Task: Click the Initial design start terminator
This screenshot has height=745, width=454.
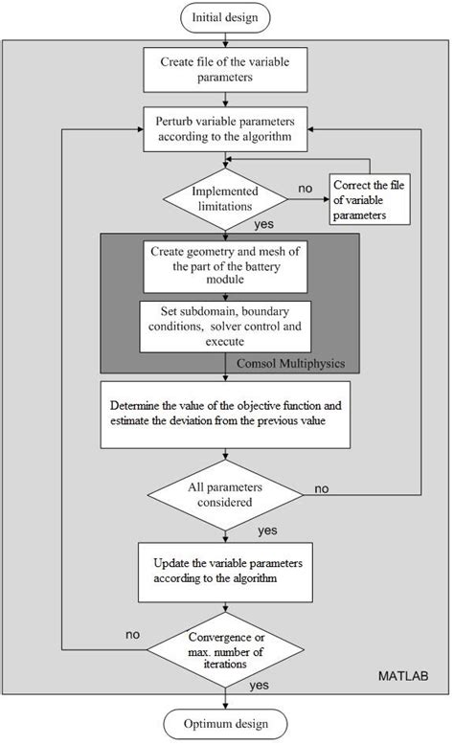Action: (x=225, y=17)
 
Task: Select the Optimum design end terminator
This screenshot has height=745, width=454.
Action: (x=225, y=723)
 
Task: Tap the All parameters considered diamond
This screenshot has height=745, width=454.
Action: (x=225, y=495)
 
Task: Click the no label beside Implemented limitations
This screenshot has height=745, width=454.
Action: (x=305, y=189)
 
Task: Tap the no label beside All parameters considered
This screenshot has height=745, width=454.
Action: (x=321, y=488)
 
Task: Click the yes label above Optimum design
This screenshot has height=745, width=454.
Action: (x=259, y=686)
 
